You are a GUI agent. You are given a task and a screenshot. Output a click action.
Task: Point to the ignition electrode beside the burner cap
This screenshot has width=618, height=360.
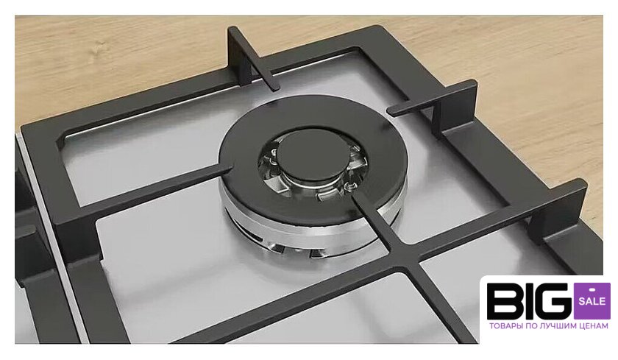coord(349,184)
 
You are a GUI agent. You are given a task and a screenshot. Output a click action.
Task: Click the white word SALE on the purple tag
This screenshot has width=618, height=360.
coord(592,302)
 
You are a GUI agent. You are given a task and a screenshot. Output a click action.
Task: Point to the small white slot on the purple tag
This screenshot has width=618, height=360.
coord(592,289)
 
